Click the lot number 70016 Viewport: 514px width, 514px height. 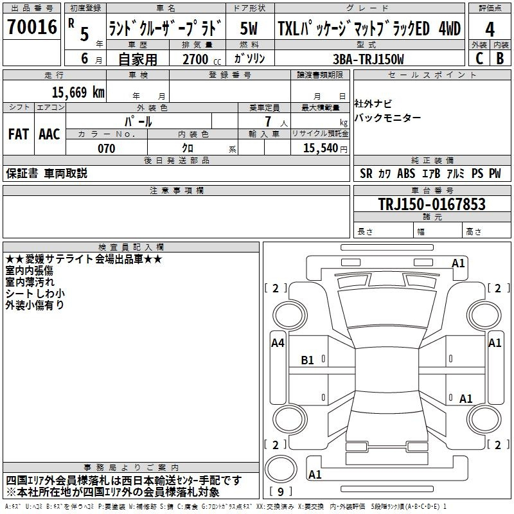(32, 26)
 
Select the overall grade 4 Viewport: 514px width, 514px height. (490, 29)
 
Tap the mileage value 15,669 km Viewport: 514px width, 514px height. (78, 92)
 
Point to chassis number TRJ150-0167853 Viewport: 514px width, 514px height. (432, 204)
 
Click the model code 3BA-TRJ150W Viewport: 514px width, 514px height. (368, 59)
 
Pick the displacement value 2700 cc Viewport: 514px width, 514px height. (202, 59)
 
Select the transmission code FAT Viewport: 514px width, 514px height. (19, 134)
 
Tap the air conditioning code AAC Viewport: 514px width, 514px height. (49, 134)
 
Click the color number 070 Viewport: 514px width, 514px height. (107, 148)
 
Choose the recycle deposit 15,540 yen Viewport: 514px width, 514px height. (325, 148)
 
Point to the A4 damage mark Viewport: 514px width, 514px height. (278, 343)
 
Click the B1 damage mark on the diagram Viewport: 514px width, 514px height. (307, 360)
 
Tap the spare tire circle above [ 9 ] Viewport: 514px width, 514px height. (281, 469)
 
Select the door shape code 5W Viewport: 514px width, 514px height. (249, 28)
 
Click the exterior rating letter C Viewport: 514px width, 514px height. (479, 58)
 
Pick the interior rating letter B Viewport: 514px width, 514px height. (500, 58)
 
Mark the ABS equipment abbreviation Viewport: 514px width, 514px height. (406, 173)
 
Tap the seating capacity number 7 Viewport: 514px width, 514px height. (268, 121)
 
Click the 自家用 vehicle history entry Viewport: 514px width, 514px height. (137, 59)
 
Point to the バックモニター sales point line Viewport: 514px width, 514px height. (387, 118)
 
